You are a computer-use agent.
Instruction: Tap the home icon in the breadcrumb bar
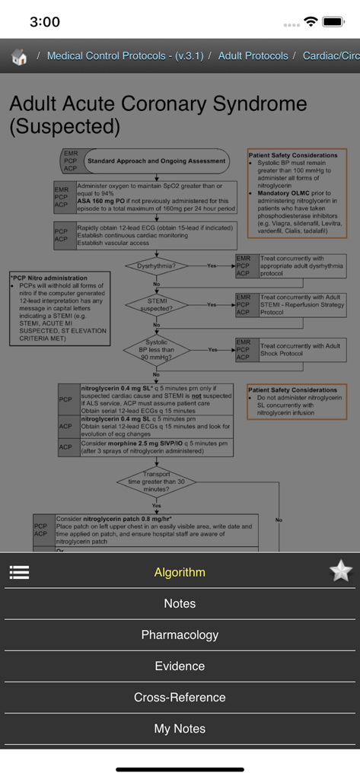19,57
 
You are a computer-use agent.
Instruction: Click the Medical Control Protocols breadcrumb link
125,56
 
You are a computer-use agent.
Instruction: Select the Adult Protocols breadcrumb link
253,56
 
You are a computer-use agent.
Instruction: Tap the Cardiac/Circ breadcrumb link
331,56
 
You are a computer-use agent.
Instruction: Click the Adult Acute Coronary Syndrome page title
158,114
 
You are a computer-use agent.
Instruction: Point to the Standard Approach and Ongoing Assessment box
155,161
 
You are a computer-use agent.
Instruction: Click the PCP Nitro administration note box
57,308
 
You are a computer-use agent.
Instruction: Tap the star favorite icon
340,571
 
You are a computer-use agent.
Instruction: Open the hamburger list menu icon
19,572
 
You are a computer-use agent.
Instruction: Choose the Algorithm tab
180,572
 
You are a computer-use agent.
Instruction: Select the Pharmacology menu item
180,634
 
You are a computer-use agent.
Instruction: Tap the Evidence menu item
180,666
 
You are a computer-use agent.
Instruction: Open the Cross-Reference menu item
180,697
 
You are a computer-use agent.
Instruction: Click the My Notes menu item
180,728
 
